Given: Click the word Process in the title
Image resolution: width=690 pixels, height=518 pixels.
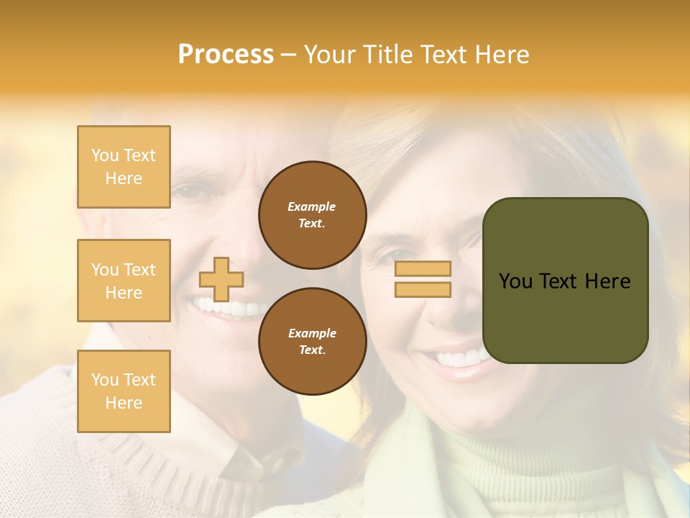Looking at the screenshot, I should coord(226,55).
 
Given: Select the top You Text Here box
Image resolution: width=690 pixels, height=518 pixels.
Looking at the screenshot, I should coord(124,167).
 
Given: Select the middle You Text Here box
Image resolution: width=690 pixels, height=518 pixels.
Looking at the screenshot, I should coord(124,281).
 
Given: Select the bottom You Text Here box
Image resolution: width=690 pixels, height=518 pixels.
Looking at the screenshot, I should coord(124,391).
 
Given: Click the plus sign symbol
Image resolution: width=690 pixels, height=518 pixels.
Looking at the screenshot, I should coord(221,279).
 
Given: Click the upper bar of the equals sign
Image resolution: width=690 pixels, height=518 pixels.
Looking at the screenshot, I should coord(423,269).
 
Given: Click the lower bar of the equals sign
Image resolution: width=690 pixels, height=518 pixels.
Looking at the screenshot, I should coord(423,289).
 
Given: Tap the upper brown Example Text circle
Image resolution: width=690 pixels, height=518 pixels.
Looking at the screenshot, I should coord(312,215).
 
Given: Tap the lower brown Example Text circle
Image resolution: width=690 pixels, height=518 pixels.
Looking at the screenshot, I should coord(312,342).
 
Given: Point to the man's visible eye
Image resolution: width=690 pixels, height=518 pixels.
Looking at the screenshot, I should coord(188,192).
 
